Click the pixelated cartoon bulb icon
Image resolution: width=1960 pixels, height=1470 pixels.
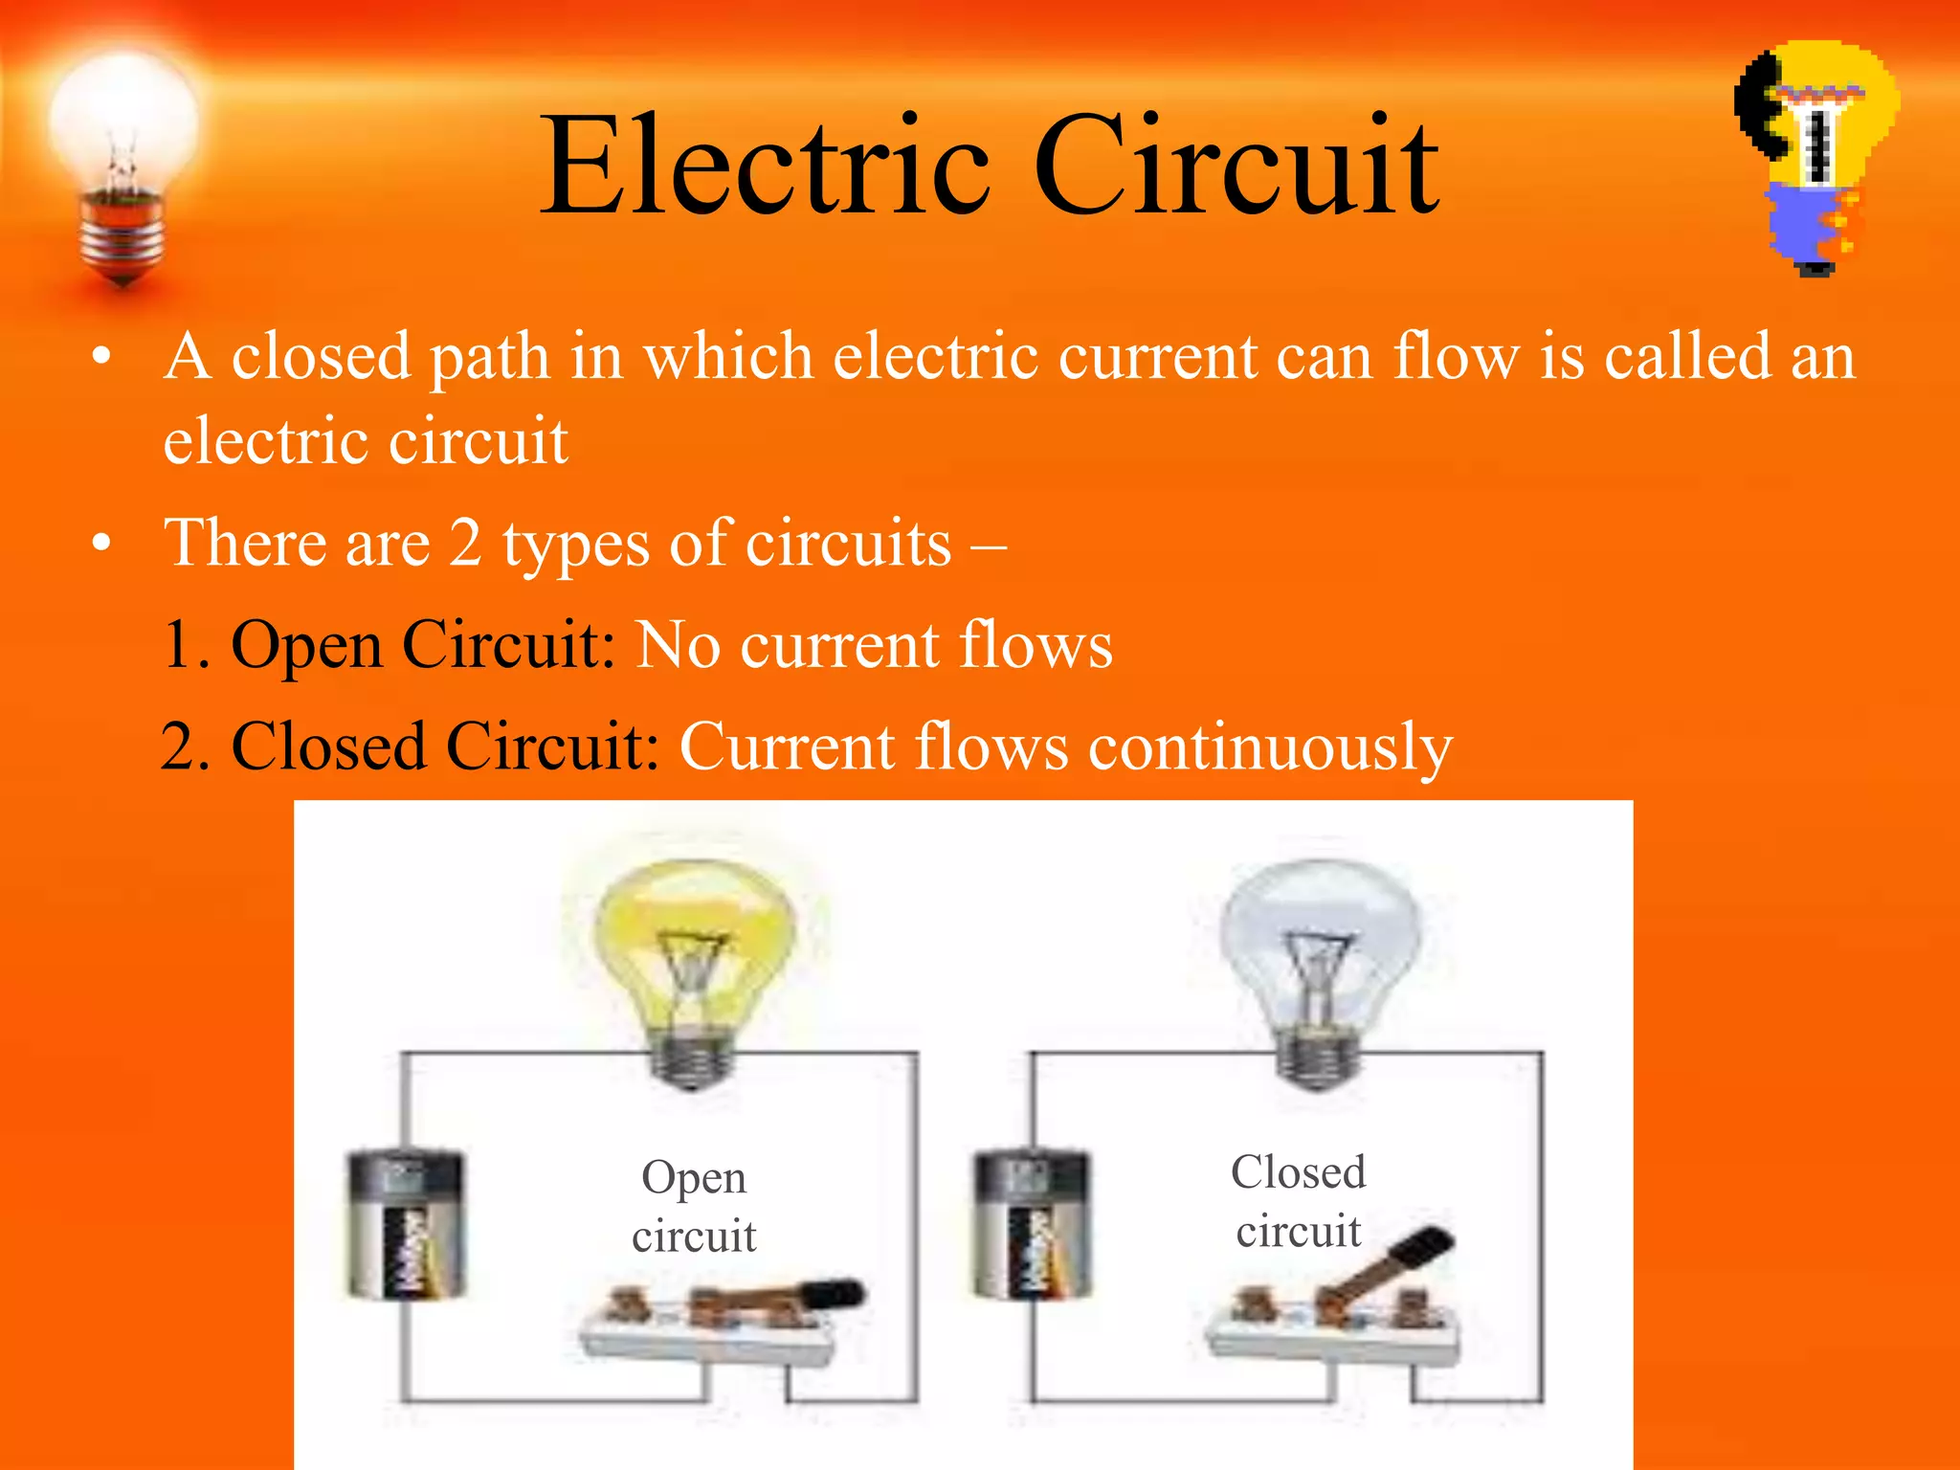1816,158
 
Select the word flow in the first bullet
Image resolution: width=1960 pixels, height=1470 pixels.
1455,356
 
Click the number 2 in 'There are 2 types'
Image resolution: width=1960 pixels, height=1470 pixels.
465,543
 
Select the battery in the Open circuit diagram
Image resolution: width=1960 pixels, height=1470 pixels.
406,1225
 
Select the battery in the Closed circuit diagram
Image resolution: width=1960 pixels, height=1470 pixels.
1031,1225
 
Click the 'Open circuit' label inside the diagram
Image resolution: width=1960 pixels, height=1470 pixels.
694,1206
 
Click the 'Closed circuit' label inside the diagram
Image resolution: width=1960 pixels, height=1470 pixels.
1299,1201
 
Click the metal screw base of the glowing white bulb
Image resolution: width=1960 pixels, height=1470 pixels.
122,234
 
